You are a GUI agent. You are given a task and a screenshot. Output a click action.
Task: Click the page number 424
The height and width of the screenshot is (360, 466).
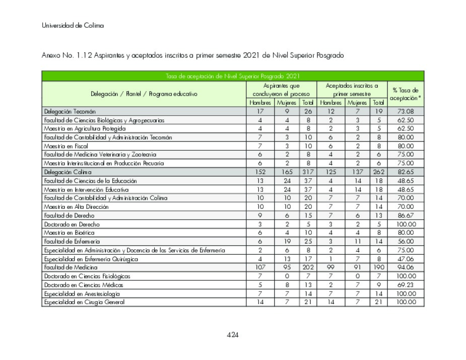point(233,335)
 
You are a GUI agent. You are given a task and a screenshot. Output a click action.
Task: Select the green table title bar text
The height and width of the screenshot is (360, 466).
point(233,76)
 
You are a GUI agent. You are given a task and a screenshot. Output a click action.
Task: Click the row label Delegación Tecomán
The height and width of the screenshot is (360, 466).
point(70,111)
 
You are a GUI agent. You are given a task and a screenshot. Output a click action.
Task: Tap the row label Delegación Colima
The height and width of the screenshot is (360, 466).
point(68,172)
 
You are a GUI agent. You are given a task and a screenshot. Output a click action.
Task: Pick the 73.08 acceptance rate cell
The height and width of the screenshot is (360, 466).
point(406,111)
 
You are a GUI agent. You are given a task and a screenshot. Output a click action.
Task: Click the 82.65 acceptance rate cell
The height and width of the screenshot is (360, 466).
point(406,172)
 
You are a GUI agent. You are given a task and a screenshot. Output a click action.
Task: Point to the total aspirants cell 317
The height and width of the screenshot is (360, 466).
point(307,172)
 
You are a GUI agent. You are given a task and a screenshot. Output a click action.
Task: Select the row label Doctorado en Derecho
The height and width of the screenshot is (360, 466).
point(72,224)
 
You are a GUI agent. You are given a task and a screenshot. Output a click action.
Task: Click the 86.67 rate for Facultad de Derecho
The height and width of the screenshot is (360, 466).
point(406,215)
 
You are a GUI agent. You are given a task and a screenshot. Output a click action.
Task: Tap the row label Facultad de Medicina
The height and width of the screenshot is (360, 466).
point(71,267)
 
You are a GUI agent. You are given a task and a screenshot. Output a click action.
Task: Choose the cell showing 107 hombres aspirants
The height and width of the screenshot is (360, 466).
point(260,267)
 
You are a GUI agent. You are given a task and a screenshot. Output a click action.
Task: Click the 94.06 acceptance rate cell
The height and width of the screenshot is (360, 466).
point(406,267)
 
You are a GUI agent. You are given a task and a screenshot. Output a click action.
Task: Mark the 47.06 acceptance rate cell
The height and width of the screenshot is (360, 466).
point(406,259)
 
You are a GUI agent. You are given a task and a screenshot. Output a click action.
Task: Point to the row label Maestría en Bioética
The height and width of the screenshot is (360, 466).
point(69,233)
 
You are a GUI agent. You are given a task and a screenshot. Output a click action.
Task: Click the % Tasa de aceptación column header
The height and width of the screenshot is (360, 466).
point(406,94)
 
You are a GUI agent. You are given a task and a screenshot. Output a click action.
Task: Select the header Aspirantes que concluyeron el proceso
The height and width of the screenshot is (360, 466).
point(281,90)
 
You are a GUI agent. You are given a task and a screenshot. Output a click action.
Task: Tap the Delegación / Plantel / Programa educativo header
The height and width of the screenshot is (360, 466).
point(144,94)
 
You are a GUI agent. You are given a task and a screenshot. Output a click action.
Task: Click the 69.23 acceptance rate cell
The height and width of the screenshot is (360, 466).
point(406,285)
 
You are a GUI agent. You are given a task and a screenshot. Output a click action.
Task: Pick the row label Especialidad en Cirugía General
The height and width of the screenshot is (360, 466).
point(84,302)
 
